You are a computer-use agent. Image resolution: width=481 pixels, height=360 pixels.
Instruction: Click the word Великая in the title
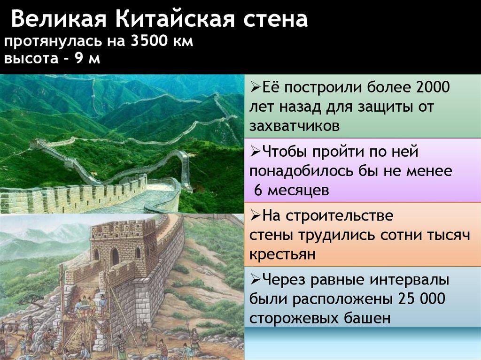tap(59, 19)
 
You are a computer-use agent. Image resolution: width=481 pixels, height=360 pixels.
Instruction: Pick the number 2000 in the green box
tap(433, 87)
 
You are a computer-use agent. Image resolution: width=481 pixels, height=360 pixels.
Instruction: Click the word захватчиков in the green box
tap(295, 126)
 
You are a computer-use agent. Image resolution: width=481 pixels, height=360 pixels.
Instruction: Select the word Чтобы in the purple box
tap(285, 152)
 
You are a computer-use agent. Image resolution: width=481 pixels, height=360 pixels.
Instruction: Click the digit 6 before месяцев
tap(259, 190)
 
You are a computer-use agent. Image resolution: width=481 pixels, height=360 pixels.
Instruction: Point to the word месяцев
tap(298, 191)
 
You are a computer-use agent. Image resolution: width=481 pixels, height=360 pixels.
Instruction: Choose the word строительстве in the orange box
tap(340, 215)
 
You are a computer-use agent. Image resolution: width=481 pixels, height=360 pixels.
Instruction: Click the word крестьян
tap(282, 254)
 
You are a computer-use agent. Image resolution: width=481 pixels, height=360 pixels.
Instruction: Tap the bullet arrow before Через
tap(255, 279)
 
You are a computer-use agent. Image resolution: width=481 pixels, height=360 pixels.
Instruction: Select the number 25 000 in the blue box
tap(421, 299)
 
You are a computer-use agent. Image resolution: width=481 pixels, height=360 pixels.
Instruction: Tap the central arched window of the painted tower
tap(115, 256)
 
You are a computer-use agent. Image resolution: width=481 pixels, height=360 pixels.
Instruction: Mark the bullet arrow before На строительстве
tap(255, 215)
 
